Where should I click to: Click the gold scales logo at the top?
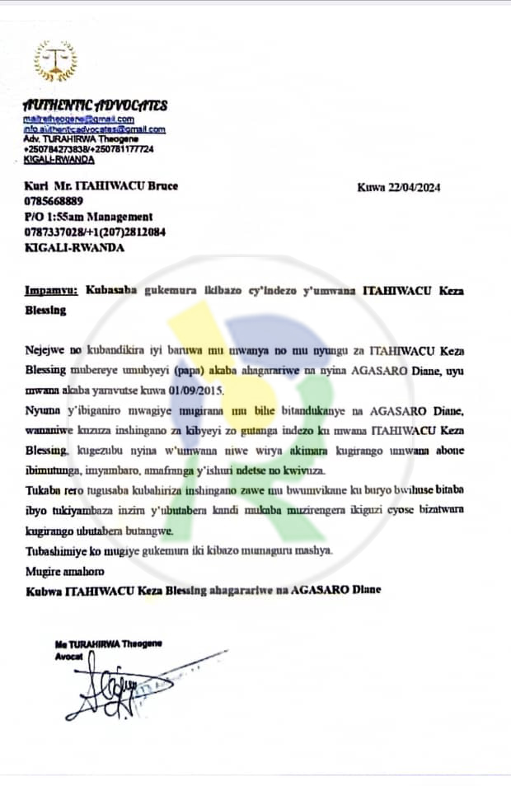click(55, 61)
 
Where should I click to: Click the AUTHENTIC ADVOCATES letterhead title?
click(95, 105)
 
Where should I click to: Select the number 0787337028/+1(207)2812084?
click(95, 232)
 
